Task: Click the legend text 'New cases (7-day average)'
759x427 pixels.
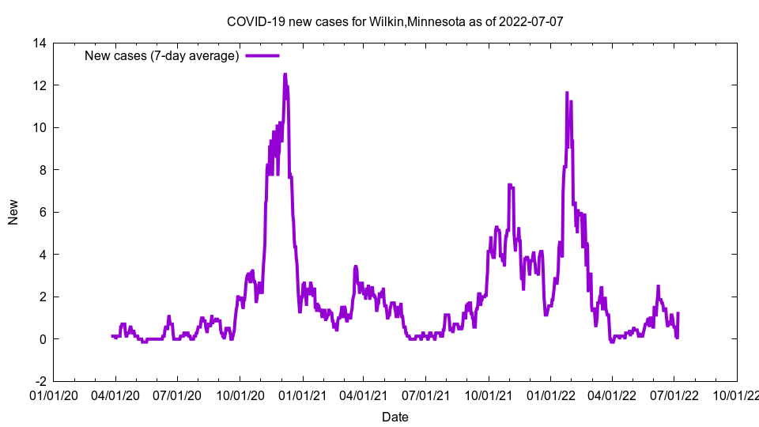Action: pyautogui.click(x=162, y=55)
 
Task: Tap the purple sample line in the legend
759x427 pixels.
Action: pyautogui.click(x=262, y=55)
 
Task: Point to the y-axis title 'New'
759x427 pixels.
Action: pyautogui.click(x=13, y=212)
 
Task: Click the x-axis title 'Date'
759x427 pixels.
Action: pyautogui.click(x=395, y=417)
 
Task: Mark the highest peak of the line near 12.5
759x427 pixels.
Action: pyautogui.click(x=285, y=74)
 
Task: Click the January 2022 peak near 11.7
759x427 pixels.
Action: pyautogui.click(x=567, y=93)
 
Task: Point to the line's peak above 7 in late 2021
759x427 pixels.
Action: pyautogui.click(x=510, y=185)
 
